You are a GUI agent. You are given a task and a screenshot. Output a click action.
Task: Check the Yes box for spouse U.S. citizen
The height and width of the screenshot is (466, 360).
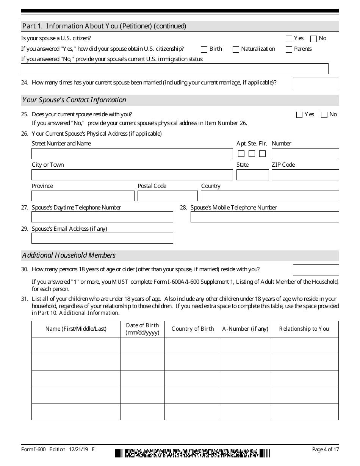tap(289, 39)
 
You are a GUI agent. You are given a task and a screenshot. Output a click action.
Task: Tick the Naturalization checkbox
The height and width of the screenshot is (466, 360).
tap(236, 49)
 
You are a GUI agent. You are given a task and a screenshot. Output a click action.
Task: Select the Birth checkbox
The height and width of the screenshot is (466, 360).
tap(204, 49)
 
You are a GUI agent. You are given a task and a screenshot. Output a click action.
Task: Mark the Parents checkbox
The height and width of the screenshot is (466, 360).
tap(289, 49)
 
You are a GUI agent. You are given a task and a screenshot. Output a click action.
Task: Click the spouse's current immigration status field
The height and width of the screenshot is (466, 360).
tap(174, 69)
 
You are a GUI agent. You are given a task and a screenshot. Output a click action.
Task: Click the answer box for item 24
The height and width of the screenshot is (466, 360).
tap(316, 83)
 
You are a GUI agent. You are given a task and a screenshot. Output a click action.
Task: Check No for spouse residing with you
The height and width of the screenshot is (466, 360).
tap(324, 115)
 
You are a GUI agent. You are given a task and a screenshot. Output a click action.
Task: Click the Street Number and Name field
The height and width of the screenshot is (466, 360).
tap(132, 153)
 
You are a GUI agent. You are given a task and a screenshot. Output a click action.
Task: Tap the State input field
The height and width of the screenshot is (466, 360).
tap(252, 175)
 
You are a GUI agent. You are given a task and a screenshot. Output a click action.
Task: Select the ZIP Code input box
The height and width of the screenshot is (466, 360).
tap(305, 175)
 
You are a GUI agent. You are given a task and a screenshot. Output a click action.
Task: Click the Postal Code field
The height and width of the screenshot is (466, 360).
tap(167, 196)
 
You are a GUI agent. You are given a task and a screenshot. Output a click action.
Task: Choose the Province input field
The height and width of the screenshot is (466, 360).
tap(83, 196)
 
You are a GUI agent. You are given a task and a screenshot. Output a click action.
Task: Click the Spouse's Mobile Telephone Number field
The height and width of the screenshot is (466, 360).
tap(265, 217)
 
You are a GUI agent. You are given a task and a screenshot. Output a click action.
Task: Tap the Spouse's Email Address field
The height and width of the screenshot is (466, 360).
tap(102, 238)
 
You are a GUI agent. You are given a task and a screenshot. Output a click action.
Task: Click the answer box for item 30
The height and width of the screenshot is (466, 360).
tap(316, 270)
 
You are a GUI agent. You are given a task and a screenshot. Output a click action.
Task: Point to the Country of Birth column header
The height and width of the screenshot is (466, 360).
tap(193, 329)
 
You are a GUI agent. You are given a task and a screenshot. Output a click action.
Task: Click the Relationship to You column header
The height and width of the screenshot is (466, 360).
tap(304, 329)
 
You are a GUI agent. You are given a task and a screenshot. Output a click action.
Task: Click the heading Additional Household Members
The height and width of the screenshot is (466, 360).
tap(69, 255)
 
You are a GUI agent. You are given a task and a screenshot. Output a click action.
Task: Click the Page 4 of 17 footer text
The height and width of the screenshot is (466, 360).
tap(326, 449)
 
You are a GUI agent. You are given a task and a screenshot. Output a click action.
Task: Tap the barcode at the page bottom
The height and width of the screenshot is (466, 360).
tap(193, 453)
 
